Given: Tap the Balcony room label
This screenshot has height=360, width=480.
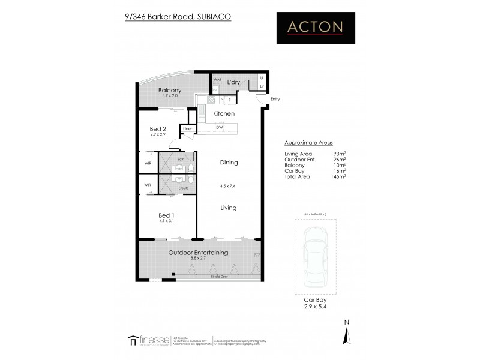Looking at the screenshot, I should point(162,90).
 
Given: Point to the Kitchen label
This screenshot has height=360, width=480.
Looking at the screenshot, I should point(224,113).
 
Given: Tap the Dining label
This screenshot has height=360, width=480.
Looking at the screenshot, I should point(229,162).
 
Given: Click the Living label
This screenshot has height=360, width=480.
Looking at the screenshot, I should point(228,208).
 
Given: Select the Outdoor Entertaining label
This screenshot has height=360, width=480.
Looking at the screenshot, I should point(198,253).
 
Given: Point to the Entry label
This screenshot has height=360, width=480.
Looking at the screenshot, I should point(275,99).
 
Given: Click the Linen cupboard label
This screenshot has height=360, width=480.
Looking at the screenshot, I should point(188,129).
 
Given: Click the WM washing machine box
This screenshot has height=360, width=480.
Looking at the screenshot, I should point(217,79).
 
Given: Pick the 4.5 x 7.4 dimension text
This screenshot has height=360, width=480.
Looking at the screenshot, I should point(228,185).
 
